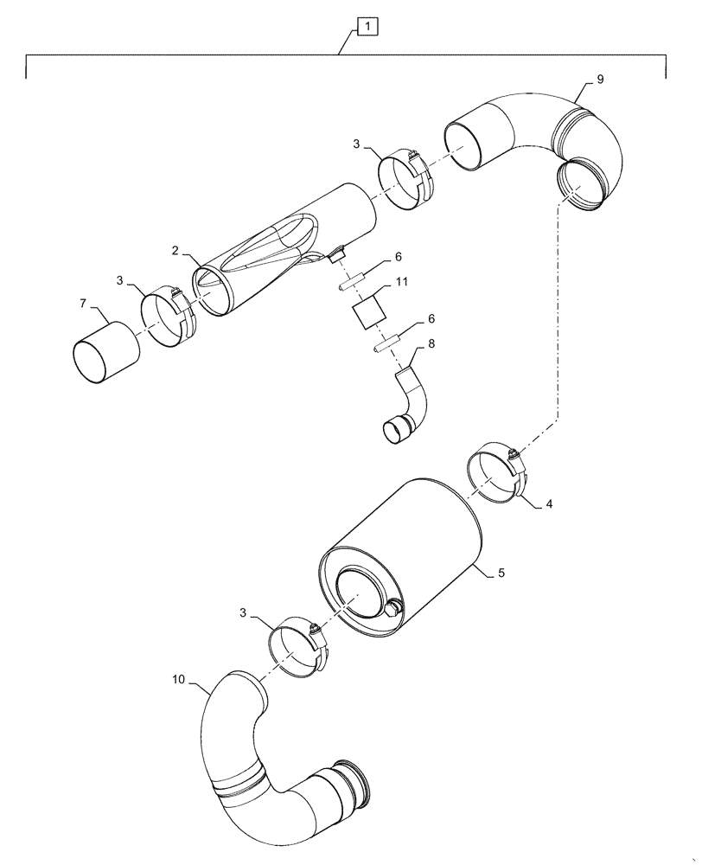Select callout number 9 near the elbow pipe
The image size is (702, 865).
600,79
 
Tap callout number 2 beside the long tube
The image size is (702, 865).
175,251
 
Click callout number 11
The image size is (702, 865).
402,282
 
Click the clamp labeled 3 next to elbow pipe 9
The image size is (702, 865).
406,180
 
